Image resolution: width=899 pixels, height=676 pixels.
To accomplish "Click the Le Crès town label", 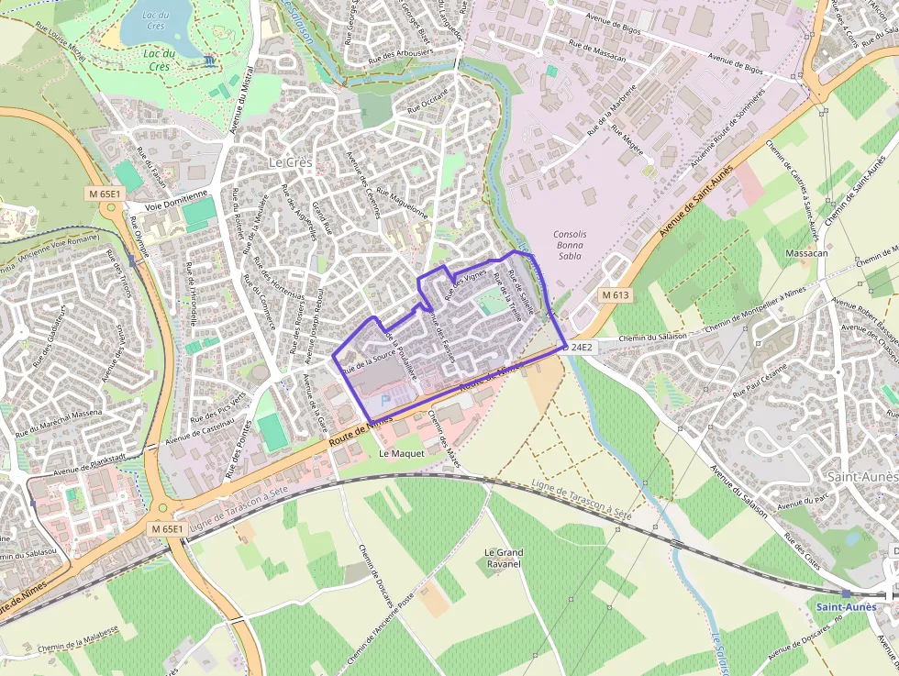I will [290, 162].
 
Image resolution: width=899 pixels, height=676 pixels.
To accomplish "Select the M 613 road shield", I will [616, 295].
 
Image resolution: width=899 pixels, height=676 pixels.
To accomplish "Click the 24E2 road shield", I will [582, 348].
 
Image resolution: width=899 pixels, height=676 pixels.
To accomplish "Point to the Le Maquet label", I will [401, 453].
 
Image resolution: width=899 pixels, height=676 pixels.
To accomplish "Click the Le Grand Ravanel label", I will [503, 558].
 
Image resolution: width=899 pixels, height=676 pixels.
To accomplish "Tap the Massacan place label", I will [808, 252].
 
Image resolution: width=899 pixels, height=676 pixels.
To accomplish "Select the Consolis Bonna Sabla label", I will [570, 246].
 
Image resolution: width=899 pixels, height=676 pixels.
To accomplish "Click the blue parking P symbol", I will [384, 399].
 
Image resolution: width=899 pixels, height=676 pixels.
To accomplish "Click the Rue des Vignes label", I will [465, 284].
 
